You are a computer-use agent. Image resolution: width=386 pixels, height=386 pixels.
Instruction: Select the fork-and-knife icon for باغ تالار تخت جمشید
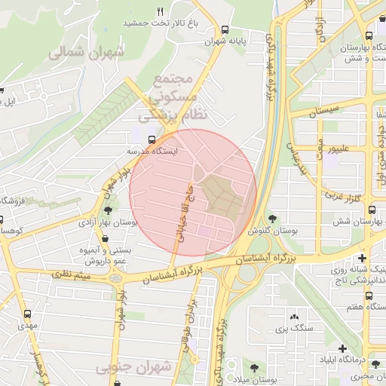pos(160,12)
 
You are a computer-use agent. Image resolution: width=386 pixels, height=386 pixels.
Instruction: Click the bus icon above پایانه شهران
pos(225,30)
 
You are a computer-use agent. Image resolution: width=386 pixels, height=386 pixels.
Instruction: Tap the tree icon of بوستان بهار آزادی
pos(110,211)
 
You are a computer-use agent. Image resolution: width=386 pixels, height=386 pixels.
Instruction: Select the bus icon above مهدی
pos(28,314)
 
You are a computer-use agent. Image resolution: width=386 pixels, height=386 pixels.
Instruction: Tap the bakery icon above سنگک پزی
pos(293,317)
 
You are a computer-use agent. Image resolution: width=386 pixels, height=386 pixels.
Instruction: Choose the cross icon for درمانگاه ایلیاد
pos(343,348)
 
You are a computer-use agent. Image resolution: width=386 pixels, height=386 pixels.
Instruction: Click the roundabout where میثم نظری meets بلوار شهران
pos(115,278)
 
